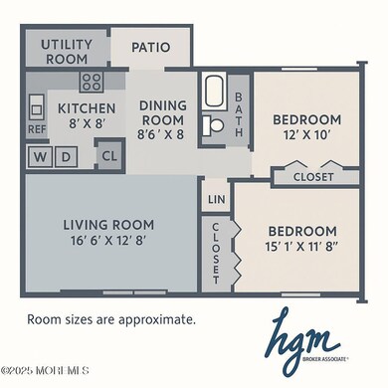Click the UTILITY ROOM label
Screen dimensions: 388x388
point(68,52)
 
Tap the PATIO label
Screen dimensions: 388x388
point(150,47)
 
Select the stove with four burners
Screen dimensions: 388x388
point(92,82)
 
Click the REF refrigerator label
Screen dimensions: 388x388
point(37,129)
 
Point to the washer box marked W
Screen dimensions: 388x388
point(41,156)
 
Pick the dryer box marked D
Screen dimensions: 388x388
point(67,156)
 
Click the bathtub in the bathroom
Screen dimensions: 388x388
point(216,93)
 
